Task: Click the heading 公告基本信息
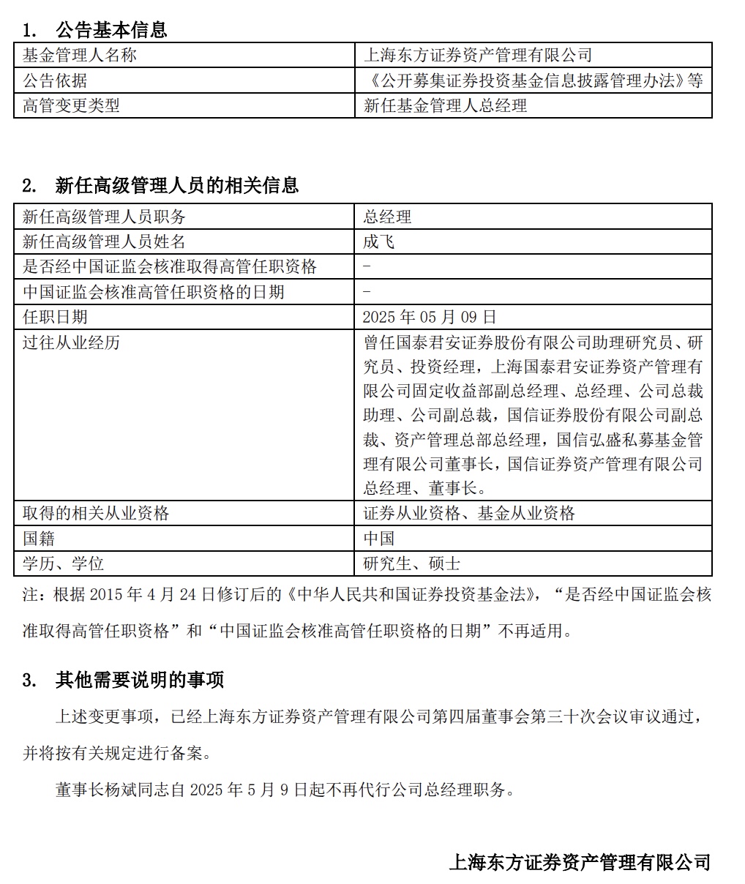point(111,30)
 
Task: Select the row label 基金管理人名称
point(79,55)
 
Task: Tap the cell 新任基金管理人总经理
point(445,105)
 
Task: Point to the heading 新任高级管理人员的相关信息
point(176,185)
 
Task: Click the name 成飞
point(379,241)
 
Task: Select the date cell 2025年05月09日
point(430,317)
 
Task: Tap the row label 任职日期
point(55,317)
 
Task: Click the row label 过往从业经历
point(71,342)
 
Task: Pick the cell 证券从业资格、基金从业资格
point(469,514)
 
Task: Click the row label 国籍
point(39,539)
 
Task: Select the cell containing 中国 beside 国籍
point(379,539)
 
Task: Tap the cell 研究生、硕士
point(412,563)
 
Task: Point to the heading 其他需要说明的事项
point(139,680)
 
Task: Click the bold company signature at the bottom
point(579,862)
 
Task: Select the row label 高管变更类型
point(71,105)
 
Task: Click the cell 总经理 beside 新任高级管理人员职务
point(387,217)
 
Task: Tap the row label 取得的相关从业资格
point(96,514)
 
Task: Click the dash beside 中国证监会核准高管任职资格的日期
point(367,292)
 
